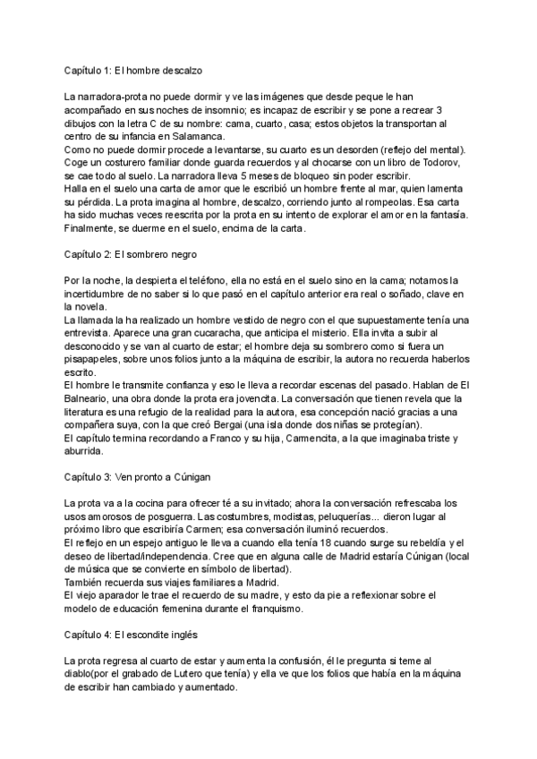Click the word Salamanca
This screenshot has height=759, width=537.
tap(193, 136)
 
